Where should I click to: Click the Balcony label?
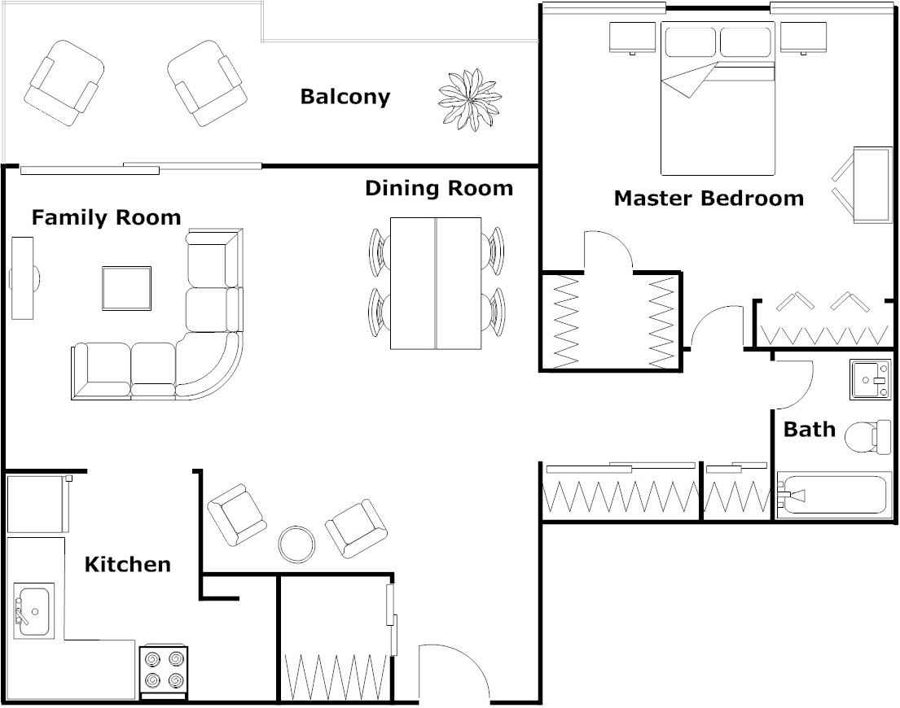click(x=345, y=97)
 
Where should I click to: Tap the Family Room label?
click(x=106, y=217)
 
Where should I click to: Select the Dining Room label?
click(x=438, y=189)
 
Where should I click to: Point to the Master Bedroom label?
click(x=708, y=198)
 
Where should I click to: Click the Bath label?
click(x=809, y=429)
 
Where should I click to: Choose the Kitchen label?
click(x=127, y=564)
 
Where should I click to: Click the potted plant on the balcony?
click(x=468, y=99)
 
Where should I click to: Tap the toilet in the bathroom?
click(x=863, y=437)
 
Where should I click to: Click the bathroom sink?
click(x=871, y=379)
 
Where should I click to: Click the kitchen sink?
click(x=33, y=610)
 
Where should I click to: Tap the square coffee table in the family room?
click(x=126, y=288)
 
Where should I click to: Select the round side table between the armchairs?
click(x=296, y=543)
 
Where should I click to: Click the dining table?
click(x=436, y=283)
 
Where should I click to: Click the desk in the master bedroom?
click(x=871, y=185)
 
